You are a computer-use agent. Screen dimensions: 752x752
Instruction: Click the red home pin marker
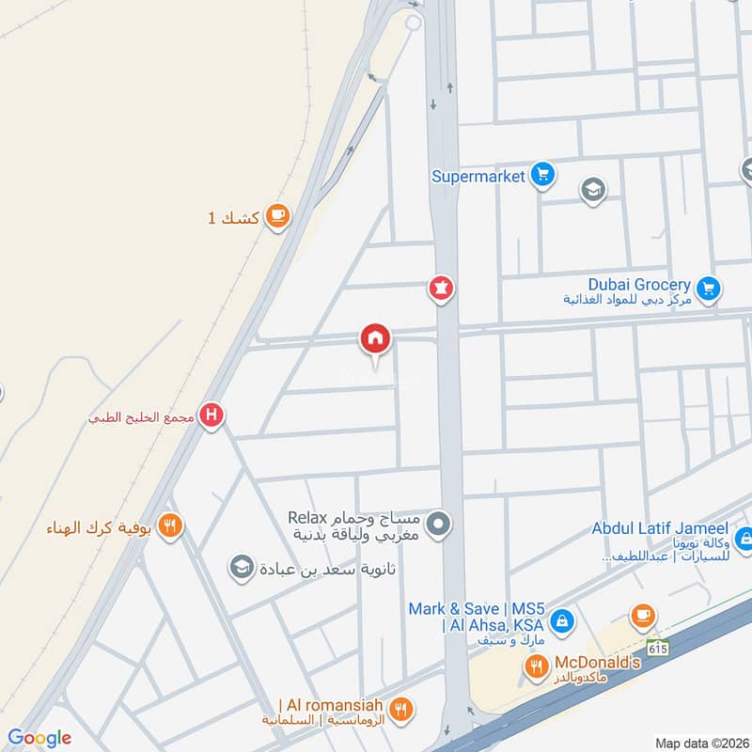click(375, 338)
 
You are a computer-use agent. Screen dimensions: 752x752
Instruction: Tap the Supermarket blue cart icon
click(542, 175)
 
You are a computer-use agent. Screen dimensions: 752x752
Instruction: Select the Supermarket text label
click(478, 176)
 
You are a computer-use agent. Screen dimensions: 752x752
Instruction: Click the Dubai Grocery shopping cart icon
click(709, 287)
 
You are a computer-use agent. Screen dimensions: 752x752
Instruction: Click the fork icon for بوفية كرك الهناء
click(169, 525)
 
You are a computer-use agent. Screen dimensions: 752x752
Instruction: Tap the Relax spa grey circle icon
click(437, 525)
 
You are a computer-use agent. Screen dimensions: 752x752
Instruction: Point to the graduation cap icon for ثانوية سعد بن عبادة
click(242, 568)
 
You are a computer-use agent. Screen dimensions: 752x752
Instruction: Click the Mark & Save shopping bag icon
click(561, 619)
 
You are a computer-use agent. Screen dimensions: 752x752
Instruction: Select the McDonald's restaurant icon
click(536, 667)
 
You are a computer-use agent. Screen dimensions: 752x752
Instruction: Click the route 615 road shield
click(656, 648)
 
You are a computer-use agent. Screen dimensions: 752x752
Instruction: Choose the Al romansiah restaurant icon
click(401, 710)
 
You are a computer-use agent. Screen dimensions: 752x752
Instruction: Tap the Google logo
click(39, 738)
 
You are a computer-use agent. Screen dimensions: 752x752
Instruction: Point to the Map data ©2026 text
click(700, 744)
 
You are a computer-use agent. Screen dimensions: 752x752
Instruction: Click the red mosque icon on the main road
click(440, 288)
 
